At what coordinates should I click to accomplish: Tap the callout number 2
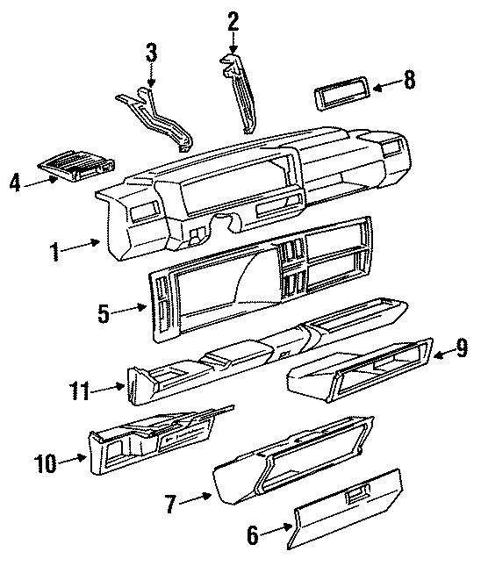[233, 20]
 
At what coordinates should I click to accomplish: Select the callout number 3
[151, 53]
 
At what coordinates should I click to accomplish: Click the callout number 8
[409, 82]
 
